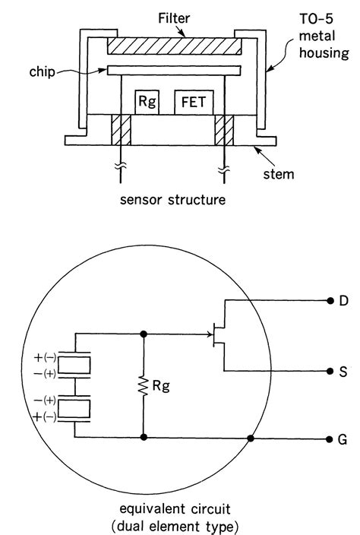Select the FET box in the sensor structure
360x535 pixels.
pos(192,102)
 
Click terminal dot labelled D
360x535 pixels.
pos(327,301)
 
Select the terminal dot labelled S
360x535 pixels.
pos(327,372)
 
